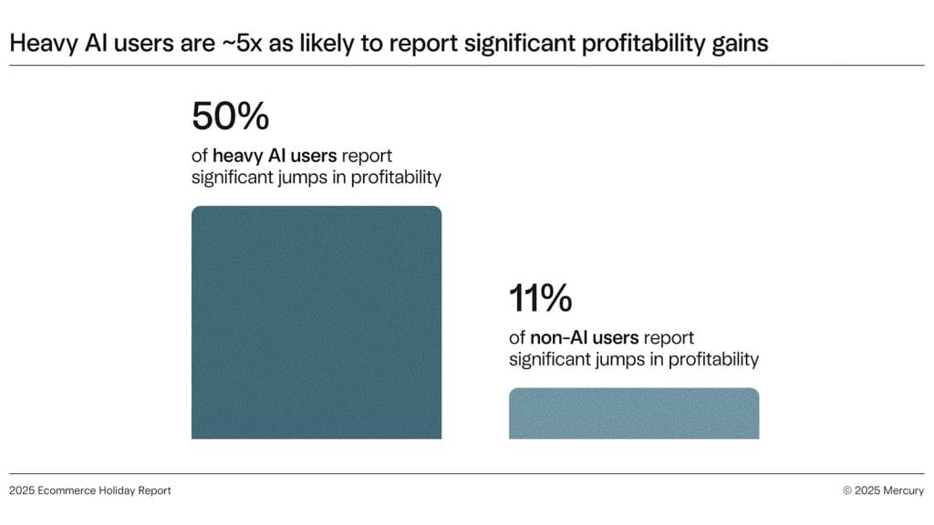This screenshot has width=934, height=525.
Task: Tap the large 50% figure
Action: tap(230, 117)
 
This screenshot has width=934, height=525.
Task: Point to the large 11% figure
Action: tap(541, 299)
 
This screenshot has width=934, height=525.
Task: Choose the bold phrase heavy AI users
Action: tap(275, 156)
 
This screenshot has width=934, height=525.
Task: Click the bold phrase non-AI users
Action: tap(584, 338)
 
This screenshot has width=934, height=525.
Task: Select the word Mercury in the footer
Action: tap(904, 490)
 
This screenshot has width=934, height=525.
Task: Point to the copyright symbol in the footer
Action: tap(847, 490)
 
